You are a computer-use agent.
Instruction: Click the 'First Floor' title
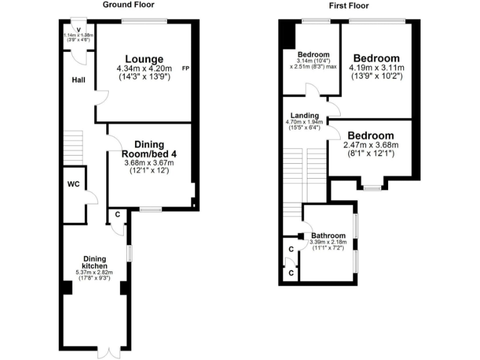pos(349,6)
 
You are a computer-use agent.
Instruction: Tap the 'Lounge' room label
pos(144,59)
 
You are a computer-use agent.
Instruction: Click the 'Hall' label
pos(78,80)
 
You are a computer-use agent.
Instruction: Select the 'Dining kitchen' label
pos(95,262)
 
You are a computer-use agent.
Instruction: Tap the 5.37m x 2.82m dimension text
pos(95,272)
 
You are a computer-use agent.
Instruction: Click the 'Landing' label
pos(303,116)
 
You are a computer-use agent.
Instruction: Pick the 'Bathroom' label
pos(329,236)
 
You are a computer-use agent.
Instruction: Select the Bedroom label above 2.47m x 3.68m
pos(371,136)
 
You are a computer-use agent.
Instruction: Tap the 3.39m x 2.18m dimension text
pos(329,242)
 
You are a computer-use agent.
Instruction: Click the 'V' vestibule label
pos(78,29)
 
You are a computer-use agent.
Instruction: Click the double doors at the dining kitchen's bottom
pos(107,351)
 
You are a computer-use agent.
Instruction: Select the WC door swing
pos(91,199)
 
